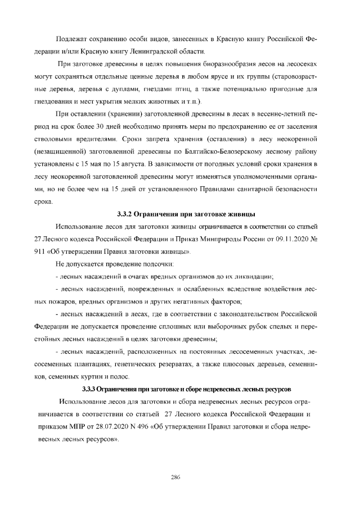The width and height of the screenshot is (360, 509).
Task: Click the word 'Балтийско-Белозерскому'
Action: point(246,152)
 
